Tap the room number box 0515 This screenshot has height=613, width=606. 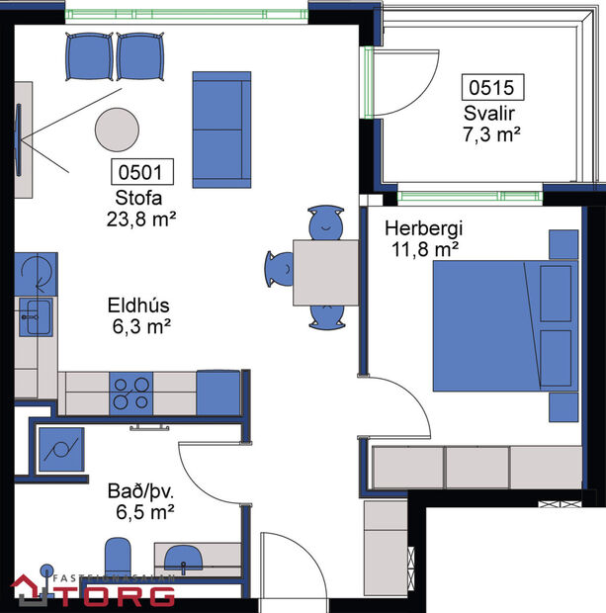tap(491, 87)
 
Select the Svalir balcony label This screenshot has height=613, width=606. tap(491, 112)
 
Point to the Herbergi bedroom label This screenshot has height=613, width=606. tap(423, 228)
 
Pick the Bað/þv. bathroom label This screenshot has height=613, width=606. tap(139, 489)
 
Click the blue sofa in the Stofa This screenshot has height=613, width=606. tap(221, 129)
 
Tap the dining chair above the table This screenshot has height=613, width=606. tap(325, 223)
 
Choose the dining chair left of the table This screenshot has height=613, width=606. tap(278, 268)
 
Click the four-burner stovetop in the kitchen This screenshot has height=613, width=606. tap(130, 393)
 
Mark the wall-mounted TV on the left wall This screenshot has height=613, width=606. tap(18, 135)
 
